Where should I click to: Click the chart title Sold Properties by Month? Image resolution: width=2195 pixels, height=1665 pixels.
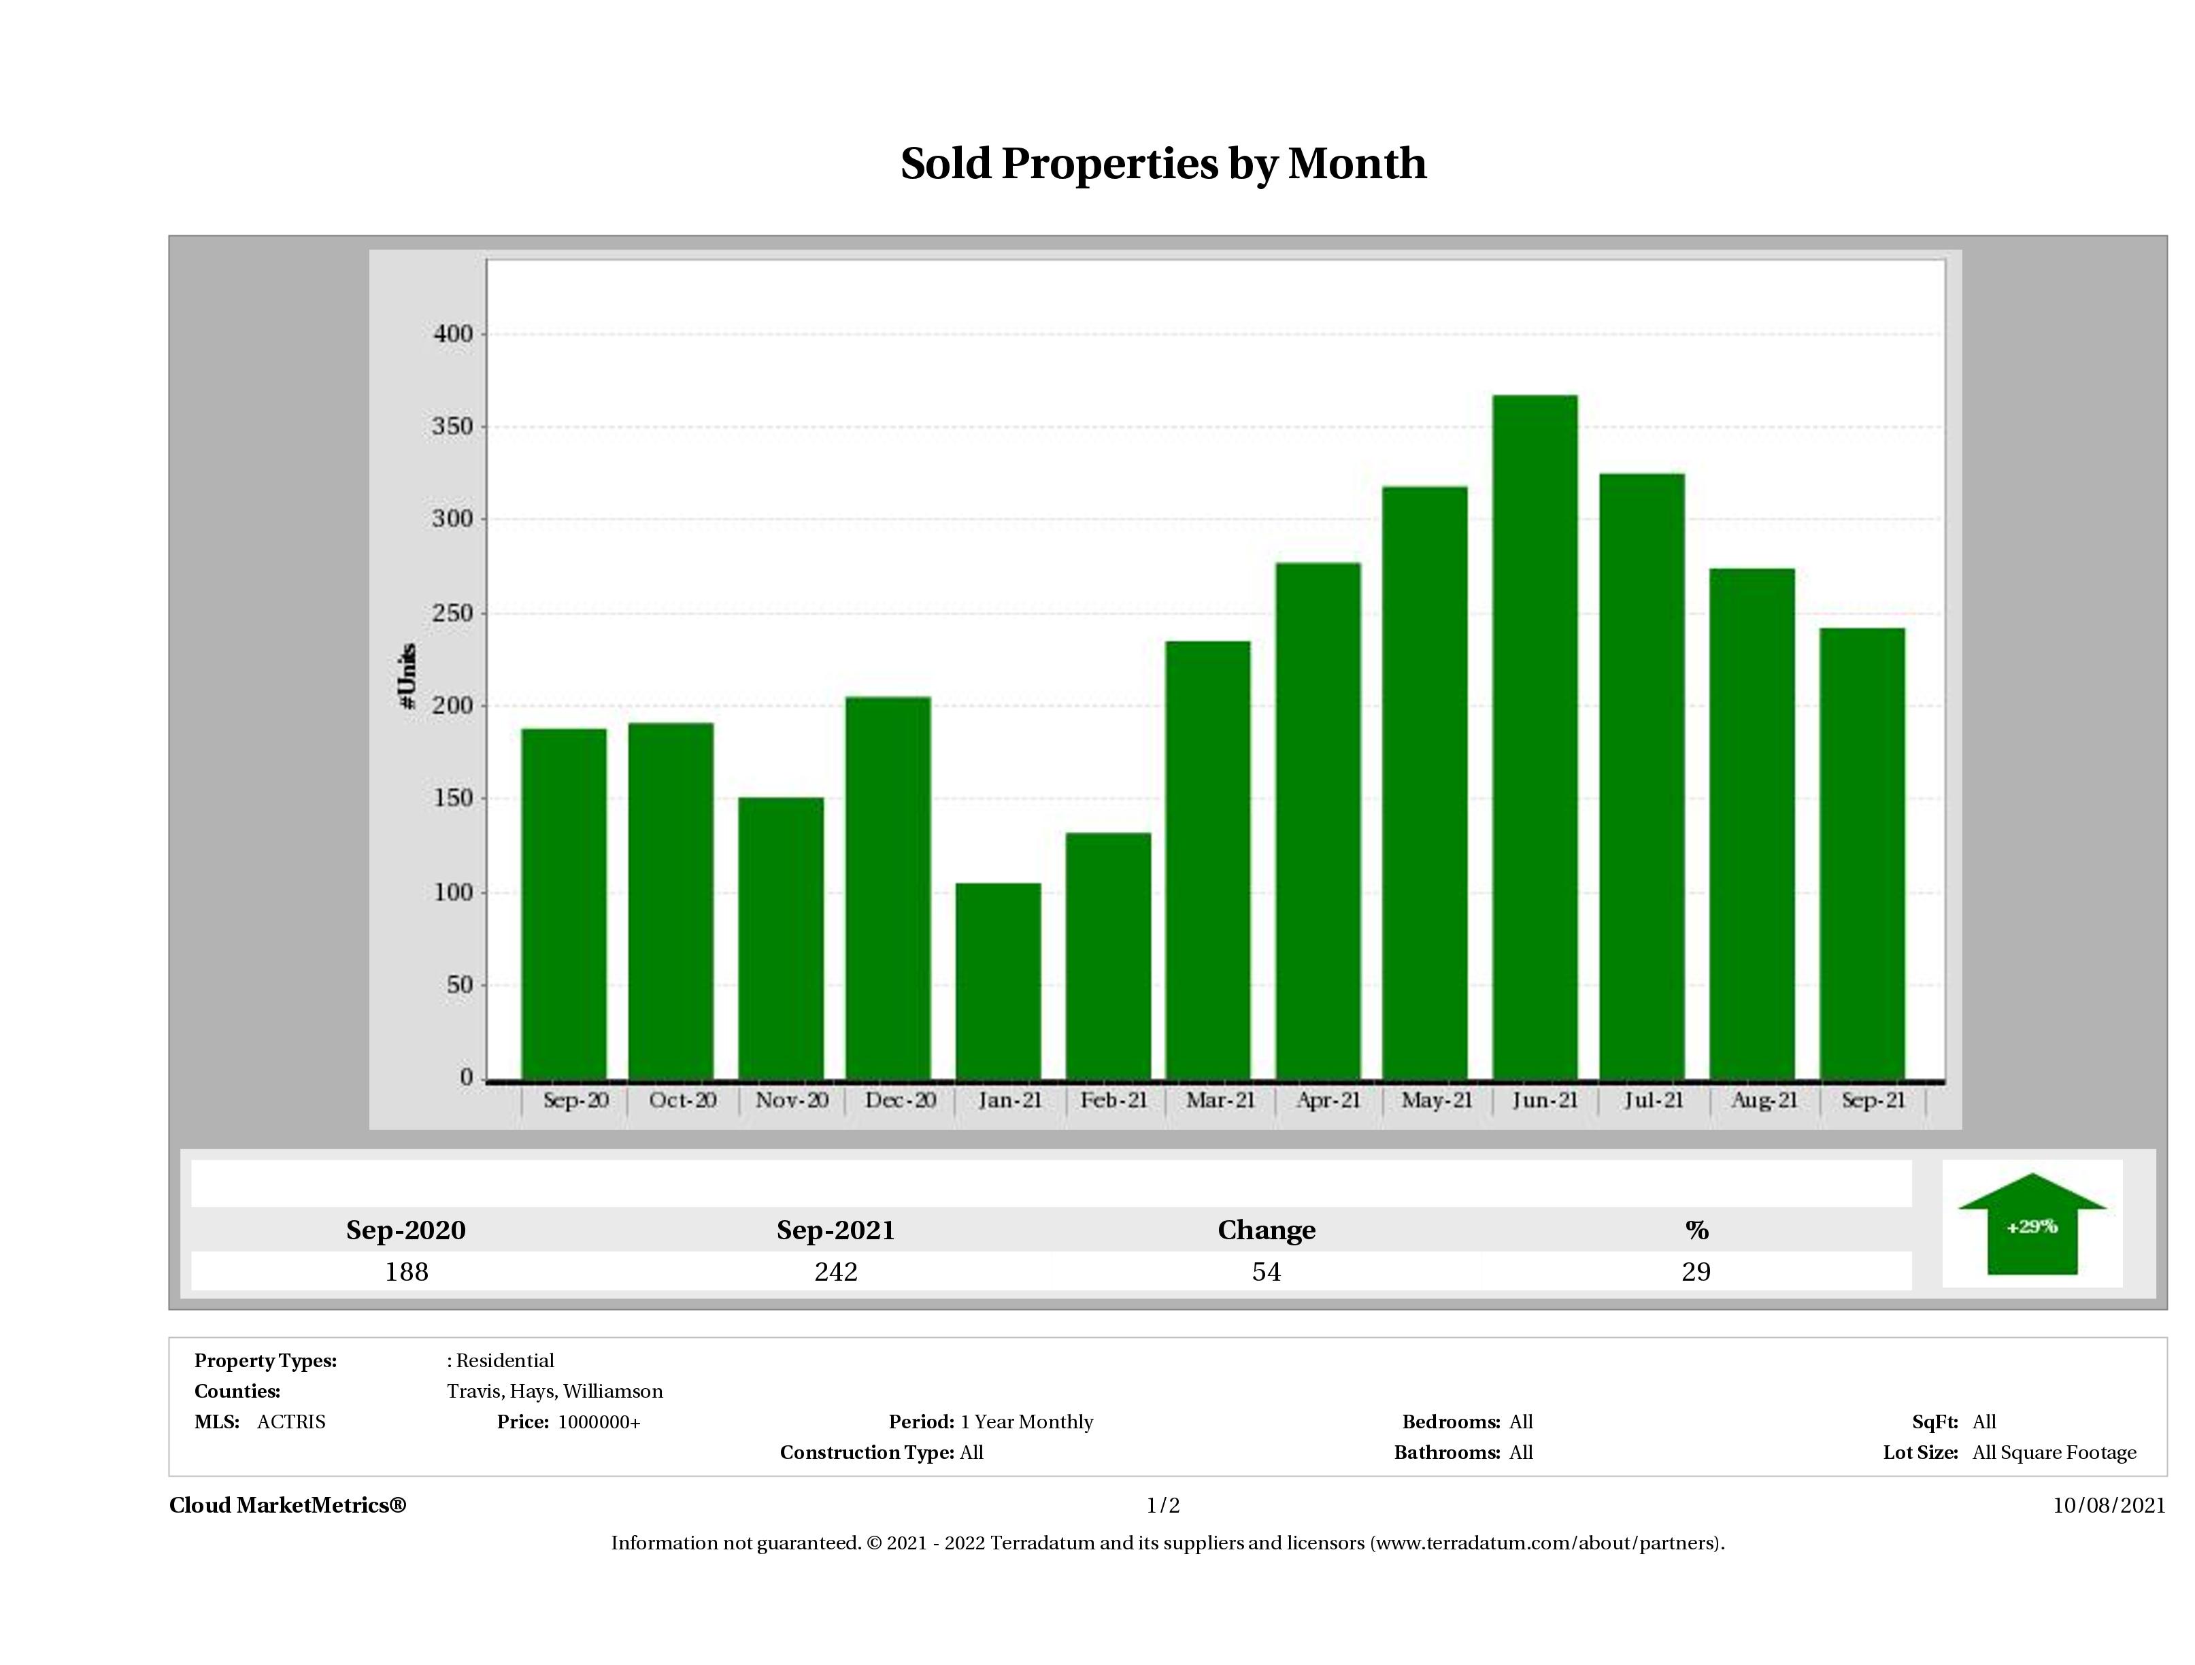point(1163,164)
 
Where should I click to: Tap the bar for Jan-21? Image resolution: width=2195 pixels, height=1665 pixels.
point(999,980)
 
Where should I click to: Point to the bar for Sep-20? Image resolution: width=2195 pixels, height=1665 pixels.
point(564,903)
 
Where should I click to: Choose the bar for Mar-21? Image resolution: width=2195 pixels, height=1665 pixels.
point(1207,859)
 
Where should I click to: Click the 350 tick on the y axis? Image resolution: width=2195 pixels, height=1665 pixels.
point(452,428)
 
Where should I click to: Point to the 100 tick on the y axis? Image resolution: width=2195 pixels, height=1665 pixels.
point(452,893)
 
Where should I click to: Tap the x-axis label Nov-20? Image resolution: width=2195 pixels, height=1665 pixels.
point(791,1100)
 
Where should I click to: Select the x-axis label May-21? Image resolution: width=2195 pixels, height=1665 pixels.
point(1436,1100)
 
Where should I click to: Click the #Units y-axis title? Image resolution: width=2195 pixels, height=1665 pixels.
point(407,675)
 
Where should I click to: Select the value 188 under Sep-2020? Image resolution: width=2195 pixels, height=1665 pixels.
point(406,1272)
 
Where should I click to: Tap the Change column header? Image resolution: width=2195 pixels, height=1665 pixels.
point(1267,1230)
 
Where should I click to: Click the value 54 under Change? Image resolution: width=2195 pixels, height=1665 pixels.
point(1267,1272)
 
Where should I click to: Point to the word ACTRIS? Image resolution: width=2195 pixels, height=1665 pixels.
point(290,1422)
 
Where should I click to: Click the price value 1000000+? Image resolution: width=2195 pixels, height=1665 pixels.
point(599,1422)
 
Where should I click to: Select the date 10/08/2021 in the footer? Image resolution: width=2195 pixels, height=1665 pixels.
point(2109,1505)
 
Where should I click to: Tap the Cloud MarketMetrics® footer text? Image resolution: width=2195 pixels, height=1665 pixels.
point(288,1505)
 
